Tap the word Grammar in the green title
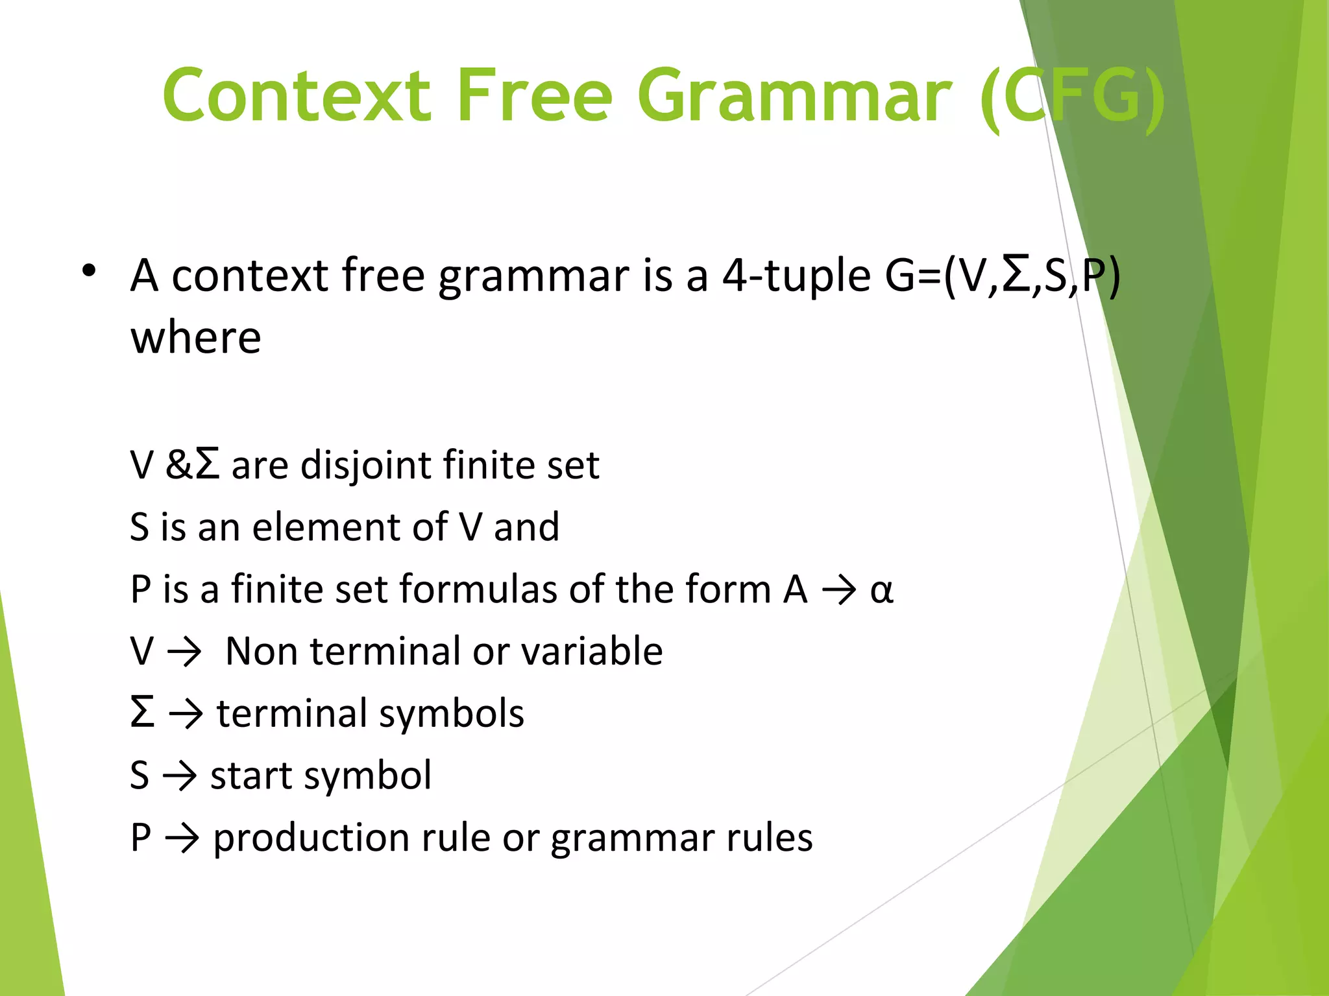tap(794, 96)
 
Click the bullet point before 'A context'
tap(89, 271)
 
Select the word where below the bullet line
tap(196, 338)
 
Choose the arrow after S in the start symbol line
tap(179, 776)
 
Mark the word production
tap(311, 838)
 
